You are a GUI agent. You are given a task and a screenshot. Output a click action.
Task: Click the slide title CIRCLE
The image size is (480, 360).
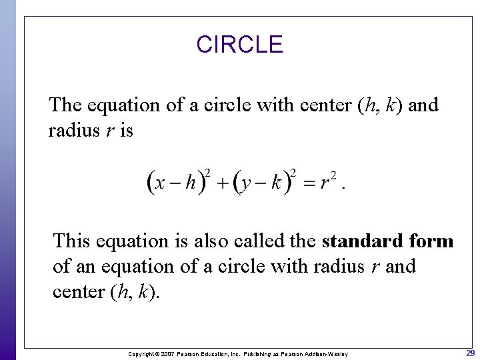tap(239, 45)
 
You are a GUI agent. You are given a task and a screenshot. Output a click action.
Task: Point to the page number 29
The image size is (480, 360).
tap(470, 353)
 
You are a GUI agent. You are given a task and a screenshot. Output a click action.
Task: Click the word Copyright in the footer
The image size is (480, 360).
tap(141, 353)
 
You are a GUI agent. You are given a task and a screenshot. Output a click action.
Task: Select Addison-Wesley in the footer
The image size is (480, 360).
tap(326, 353)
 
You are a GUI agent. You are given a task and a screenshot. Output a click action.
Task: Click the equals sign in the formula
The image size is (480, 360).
tap(308, 183)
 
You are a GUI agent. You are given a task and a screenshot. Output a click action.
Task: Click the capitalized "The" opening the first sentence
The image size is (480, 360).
tap(66, 105)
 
